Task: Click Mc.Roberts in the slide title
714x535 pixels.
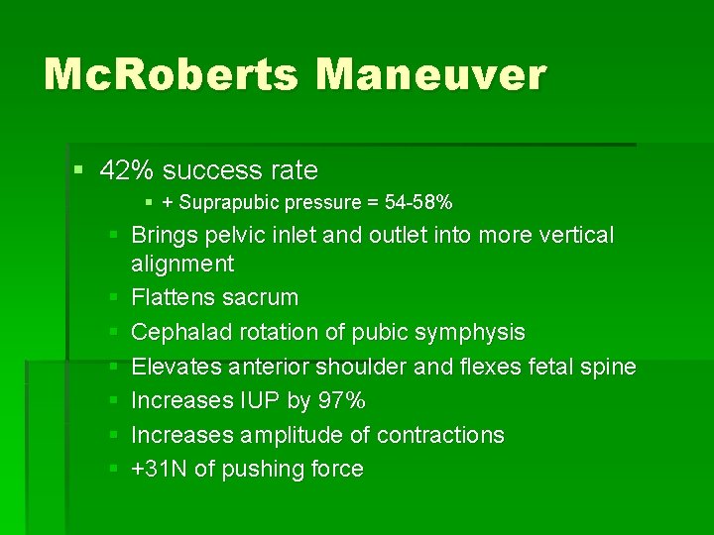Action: tap(169, 75)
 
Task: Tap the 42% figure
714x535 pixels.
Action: tap(128, 170)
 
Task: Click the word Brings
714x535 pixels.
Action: tap(164, 236)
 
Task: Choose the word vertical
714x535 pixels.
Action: tap(575, 236)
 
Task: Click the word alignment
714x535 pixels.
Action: tap(182, 264)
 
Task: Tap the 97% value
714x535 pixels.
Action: tap(343, 400)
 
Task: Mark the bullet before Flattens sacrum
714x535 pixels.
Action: tap(113, 297)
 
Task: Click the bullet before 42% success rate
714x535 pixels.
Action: tap(80, 170)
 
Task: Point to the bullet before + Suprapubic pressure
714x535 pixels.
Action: tap(149, 203)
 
